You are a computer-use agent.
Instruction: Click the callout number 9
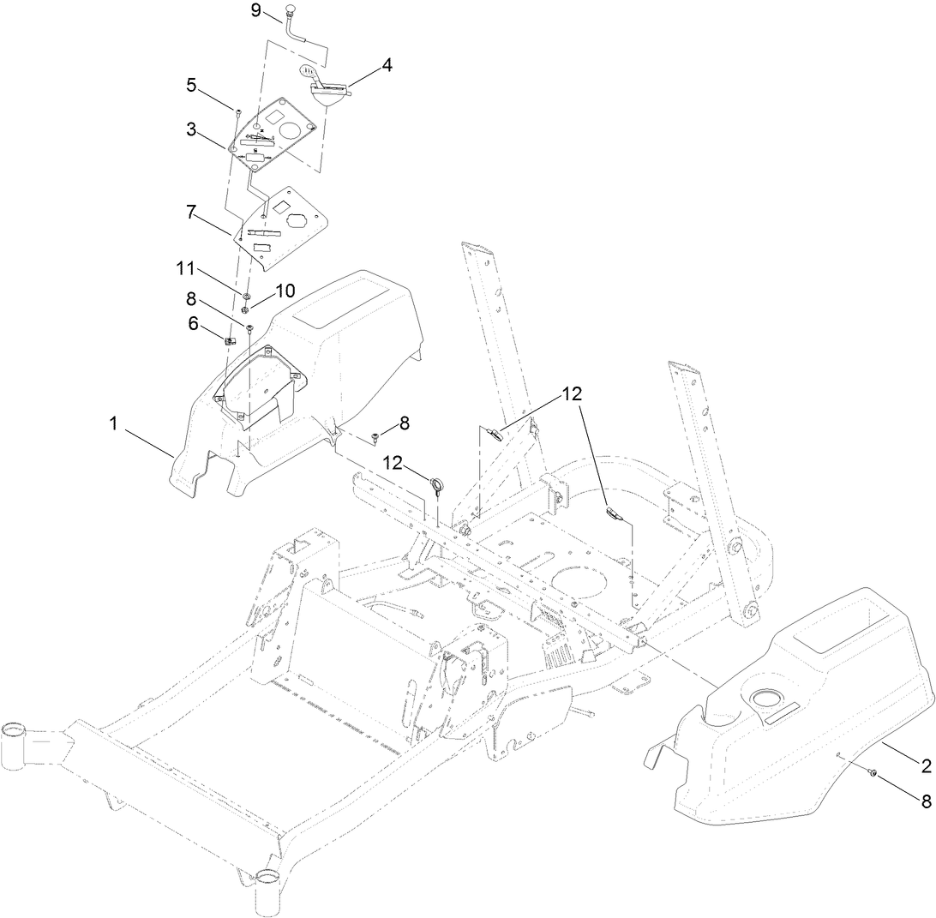tap(255, 11)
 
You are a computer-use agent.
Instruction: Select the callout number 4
tap(387, 64)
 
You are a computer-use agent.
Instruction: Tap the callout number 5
tap(192, 85)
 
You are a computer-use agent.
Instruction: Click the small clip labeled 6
tap(229, 340)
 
